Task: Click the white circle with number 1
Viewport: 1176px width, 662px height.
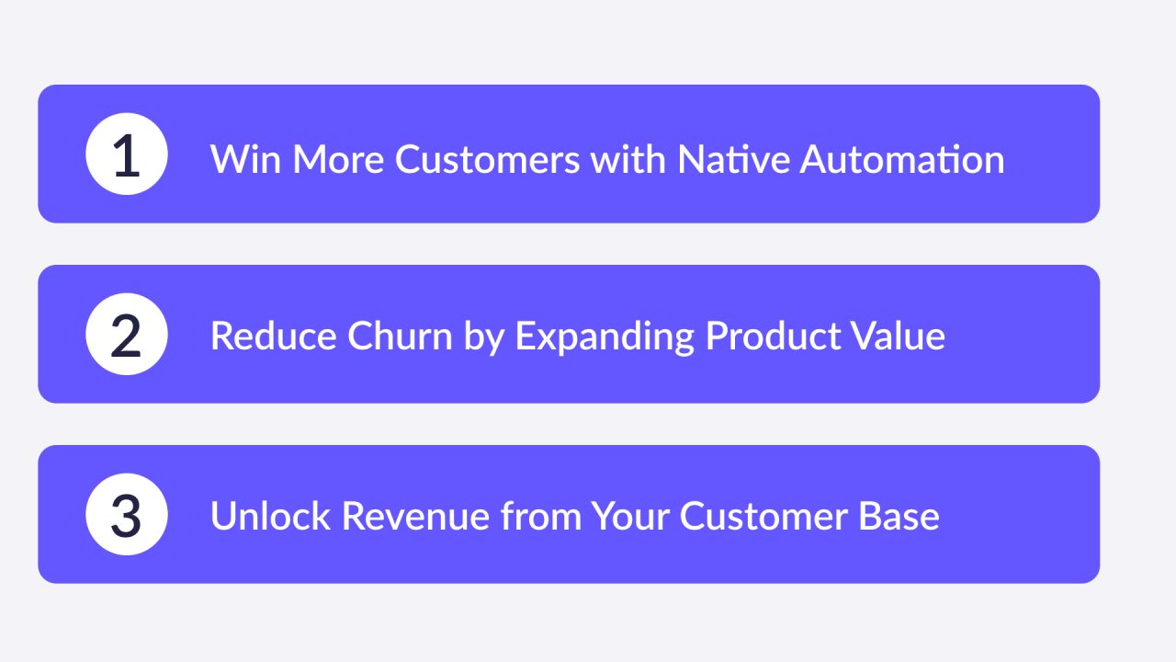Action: [x=126, y=154]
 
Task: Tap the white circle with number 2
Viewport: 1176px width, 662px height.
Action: [x=126, y=335]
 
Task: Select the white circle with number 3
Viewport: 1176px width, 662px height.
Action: [x=126, y=515]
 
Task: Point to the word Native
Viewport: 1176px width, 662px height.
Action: [x=732, y=159]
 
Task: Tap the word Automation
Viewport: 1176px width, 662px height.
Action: [x=901, y=159]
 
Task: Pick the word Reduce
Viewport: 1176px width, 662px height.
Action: [x=273, y=337]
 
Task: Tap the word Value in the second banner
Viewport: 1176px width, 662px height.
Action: [x=893, y=337]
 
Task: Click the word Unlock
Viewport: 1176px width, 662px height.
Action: [x=270, y=516]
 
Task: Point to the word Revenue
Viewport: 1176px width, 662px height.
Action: [x=415, y=516]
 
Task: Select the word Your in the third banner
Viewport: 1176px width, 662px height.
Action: [x=629, y=516]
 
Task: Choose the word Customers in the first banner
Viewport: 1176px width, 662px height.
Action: [x=487, y=159]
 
